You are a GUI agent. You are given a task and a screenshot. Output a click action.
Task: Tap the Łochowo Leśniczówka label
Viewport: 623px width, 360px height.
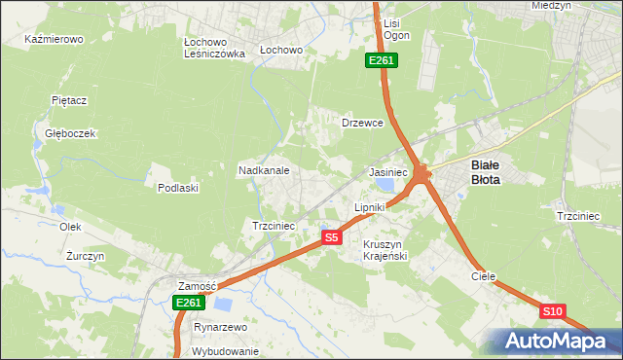213,49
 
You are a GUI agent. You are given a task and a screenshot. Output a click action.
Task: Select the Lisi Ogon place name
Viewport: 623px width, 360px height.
396,29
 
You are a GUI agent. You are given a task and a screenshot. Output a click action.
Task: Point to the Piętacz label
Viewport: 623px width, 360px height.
69,100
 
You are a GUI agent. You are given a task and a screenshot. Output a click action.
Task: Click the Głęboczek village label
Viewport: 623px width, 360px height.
63,134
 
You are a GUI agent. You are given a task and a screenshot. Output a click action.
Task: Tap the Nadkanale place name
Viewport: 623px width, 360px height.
264,170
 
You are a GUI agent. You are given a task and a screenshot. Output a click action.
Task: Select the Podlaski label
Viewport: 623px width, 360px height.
178,188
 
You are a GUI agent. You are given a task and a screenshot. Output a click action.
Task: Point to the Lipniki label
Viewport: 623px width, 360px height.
370,207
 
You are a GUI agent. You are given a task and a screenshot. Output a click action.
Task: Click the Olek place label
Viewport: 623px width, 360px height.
69,226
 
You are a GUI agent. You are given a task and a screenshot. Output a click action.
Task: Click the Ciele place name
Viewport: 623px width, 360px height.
484,276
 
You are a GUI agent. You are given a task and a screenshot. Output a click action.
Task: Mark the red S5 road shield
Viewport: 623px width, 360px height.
332,237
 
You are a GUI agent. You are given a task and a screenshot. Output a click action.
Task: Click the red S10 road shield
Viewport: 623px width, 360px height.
552,311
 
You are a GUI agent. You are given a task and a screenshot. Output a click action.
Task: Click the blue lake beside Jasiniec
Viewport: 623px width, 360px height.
386,185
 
